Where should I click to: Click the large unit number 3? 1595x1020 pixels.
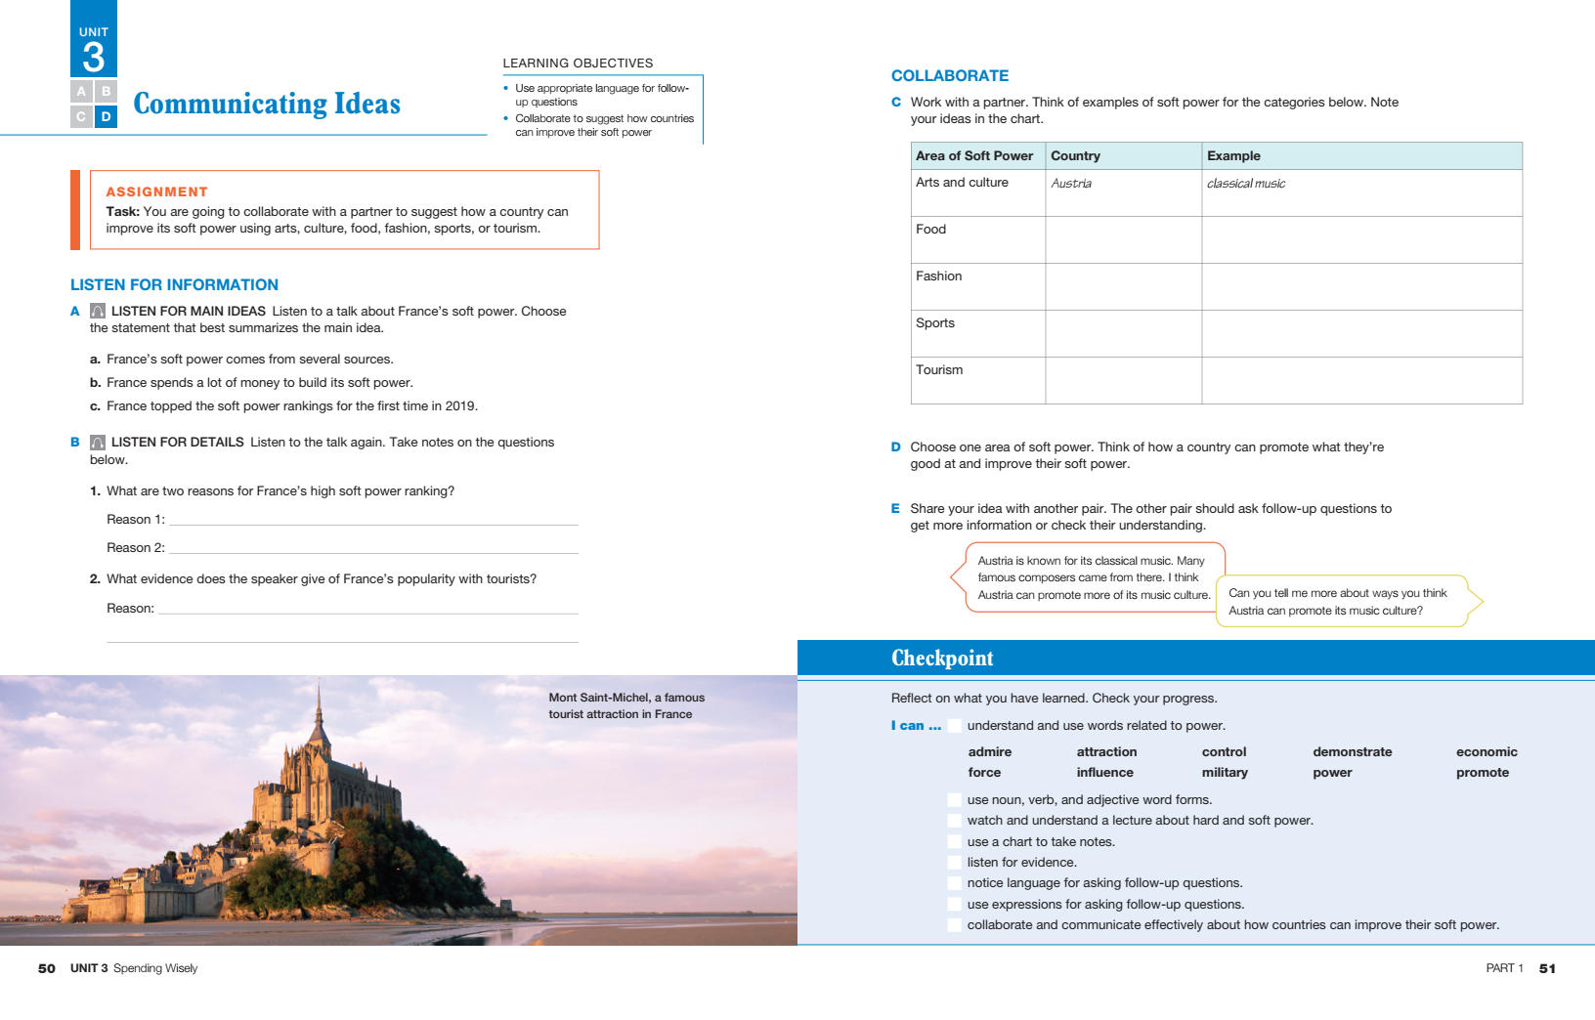click(94, 58)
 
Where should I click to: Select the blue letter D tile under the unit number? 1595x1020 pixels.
click(106, 116)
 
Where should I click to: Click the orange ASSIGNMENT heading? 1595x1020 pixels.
click(156, 191)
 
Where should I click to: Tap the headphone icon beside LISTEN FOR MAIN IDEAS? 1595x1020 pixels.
click(98, 311)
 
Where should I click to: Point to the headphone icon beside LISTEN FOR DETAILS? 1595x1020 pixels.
click(98, 443)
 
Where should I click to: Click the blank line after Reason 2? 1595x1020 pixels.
click(373, 548)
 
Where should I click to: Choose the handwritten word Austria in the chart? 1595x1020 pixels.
click(1071, 184)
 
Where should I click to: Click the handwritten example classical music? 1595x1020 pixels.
click(1246, 184)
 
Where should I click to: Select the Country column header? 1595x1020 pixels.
click(1075, 156)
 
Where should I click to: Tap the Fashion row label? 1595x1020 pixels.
click(938, 276)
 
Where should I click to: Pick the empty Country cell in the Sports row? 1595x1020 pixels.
click(1123, 333)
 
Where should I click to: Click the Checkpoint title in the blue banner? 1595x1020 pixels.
click(942, 659)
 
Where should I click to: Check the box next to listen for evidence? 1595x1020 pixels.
click(954, 863)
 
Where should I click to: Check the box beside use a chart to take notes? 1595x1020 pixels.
click(954, 842)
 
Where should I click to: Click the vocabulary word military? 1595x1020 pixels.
click(1225, 773)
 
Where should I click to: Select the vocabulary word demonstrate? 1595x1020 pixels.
click(1352, 752)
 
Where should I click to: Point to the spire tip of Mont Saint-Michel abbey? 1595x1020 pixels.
click(319, 683)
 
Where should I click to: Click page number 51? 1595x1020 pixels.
click(1547, 969)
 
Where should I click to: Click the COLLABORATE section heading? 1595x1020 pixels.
click(949, 76)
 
